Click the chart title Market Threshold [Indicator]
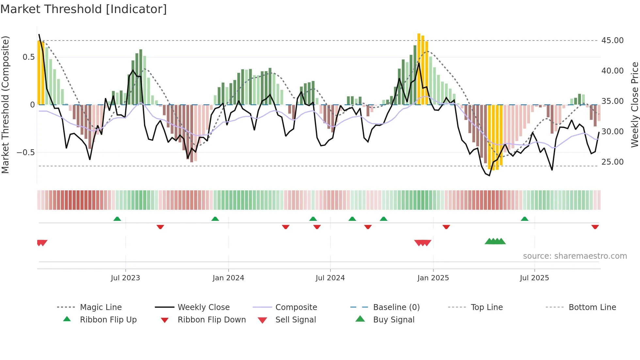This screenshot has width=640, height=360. (x=84, y=9)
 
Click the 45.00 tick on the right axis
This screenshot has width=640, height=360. (x=612, y=41)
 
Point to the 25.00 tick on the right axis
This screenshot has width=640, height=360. (x=612, y=162)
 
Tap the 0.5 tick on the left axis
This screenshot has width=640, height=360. (x=28, y=57)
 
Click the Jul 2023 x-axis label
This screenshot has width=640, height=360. (x=125, y=278)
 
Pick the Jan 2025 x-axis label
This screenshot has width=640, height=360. (x=433, y=278)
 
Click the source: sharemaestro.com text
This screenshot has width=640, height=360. (x=575, y=256)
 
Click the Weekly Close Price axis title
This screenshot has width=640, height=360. (x=634, y=105)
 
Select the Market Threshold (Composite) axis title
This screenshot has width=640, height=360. (x=5, y=105)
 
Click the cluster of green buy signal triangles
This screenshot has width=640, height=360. (x=495, y=242)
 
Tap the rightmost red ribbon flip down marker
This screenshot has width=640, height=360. (x=595, y=227)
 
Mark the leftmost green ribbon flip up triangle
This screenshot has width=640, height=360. (x=117, y=219)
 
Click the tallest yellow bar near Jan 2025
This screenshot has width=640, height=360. (x=419, y=69)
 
